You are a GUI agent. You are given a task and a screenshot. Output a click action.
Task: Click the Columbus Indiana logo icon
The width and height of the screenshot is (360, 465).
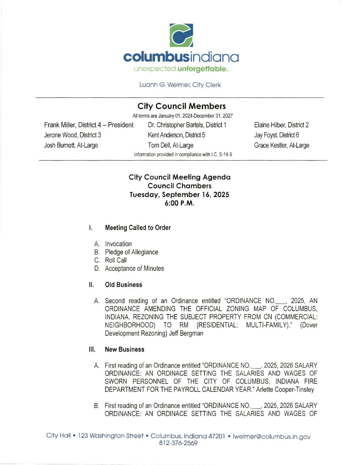pos(181,35)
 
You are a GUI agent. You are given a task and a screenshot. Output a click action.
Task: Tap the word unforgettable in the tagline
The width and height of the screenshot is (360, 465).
pos(203,69)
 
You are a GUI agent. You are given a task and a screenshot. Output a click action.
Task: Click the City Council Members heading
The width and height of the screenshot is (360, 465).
pos(181,106)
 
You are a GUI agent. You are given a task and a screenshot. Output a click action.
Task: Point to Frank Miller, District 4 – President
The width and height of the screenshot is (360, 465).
pos(89,125)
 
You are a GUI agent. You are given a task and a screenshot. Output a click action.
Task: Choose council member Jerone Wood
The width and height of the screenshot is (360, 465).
pos(72,135)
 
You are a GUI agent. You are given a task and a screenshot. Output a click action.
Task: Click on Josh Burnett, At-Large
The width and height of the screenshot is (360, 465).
pos(71,145)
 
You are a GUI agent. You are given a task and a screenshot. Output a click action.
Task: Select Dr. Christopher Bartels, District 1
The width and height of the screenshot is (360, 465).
pos(187,125)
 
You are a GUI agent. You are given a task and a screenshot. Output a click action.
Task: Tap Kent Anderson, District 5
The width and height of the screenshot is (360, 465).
pos(176,135)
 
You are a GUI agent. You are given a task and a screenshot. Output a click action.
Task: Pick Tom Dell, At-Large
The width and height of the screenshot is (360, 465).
pos(171,145)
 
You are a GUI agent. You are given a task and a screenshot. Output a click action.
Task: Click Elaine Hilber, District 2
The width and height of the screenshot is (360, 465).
pos(281,125)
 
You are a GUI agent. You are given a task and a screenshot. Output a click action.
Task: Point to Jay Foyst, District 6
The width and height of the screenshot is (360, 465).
pos(276,135)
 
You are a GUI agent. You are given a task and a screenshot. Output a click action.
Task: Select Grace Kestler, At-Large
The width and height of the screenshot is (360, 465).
pos(282,145)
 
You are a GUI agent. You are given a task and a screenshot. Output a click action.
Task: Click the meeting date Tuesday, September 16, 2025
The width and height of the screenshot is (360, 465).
pos(179,195)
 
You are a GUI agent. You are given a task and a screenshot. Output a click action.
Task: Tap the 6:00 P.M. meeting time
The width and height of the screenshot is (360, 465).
pos(179,203)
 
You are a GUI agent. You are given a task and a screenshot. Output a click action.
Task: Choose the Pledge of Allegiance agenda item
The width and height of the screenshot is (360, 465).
pos(131,252)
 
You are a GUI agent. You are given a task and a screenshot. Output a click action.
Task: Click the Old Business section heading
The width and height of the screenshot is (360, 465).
pos(123,285)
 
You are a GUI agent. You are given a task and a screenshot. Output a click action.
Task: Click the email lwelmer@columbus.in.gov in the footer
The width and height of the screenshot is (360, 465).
pos(271,436)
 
